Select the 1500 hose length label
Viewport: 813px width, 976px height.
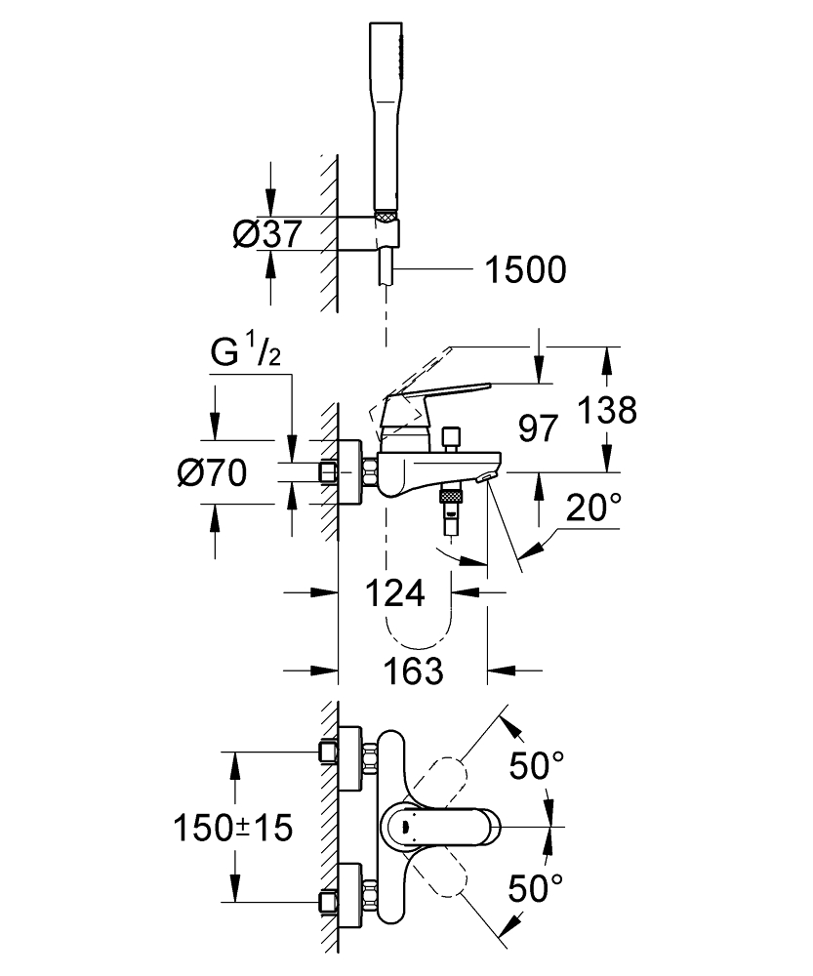[x=524, y=269]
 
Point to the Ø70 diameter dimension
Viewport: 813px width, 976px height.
[x=211, y=474]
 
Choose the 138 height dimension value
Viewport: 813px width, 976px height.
[x=605, y=410]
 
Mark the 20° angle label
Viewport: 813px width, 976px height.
[x=594, y=508]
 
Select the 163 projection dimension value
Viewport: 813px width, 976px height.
[x=411, y=671]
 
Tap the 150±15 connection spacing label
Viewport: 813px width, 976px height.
[x=232, y=829]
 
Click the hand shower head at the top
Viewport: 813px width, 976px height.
[x=387, y=107]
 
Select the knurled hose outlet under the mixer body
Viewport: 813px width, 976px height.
[x=450, y=498]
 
